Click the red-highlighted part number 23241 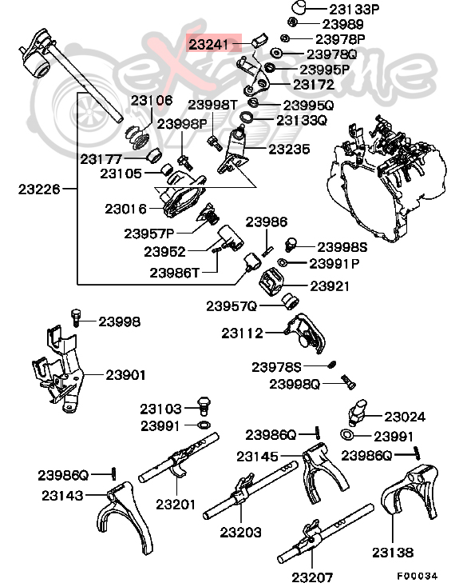click(213, 44)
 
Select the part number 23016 click(126, 209)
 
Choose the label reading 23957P click(149, 234)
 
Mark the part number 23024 click(405, 417)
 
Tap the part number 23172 click(314, 83)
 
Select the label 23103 click(161, 408)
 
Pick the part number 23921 click(330, 285)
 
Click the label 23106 click(152, 101)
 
